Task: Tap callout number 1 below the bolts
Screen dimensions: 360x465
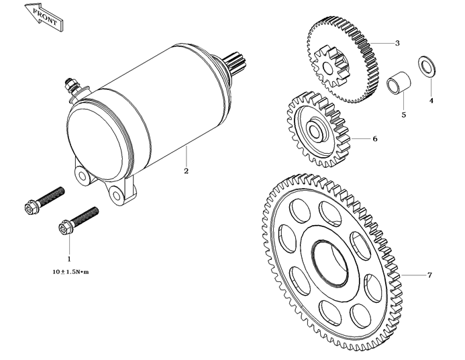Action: point(68,258)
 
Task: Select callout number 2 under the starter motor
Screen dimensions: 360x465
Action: point(186,171)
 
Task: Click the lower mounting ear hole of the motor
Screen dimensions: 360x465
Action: point(116,195)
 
